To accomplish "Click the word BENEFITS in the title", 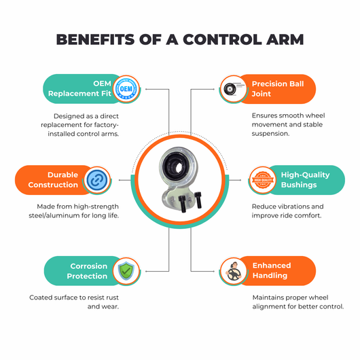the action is point(95,39).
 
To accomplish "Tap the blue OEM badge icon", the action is point(126,88).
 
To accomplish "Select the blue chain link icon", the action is point(97,180).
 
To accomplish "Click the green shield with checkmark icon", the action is point(126,271).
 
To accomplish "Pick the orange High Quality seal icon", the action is point(263,180).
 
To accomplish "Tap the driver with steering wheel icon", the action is point(234,272).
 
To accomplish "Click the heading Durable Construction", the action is point(53,180).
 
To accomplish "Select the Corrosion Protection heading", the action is point(87,271).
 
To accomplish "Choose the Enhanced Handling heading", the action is point(272,270).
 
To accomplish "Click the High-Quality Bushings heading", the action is point(306,180).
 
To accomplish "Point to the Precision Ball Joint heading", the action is point(278,89).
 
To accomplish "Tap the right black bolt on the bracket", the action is point(198,200).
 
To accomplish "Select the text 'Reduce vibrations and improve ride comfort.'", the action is point(287,211).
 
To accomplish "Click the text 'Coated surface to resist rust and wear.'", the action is point(74,302).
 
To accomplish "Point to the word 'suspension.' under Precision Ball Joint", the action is point(270,134).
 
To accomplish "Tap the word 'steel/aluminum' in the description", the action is point(52,215).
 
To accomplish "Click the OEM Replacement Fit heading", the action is point(79,88).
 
